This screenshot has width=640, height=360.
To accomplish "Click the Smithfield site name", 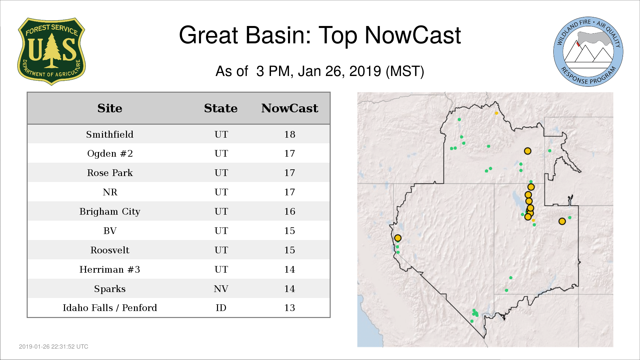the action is coord(110,134).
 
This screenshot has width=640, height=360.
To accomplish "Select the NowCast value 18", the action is coord(290,134).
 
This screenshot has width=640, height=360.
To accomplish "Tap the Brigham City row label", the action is coord(110,212).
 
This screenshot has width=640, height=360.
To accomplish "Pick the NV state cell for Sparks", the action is coord(221,289).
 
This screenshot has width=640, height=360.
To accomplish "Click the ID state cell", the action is coord(221,308).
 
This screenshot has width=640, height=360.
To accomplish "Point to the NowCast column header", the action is coord(290,108).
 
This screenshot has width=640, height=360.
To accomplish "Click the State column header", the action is coord(221,108).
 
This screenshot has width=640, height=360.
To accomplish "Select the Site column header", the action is coord(110,108).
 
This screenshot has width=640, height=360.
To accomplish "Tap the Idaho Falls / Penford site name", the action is coord(110,308).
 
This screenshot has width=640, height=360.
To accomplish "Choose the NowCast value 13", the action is coord(290,308).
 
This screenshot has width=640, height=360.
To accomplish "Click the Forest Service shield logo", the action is coord(51,51).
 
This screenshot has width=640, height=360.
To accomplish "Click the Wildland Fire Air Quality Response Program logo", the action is coord(588,52).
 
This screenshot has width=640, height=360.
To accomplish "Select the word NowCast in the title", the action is coord(413,35).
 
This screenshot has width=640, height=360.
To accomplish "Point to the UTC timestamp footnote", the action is coord(54,347).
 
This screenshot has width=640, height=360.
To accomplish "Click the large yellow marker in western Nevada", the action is coord(398,238).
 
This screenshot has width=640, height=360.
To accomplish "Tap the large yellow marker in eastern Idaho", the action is coord(527,151).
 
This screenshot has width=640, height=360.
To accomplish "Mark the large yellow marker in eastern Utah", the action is coord(562,221).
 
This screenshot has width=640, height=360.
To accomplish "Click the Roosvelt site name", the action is coord(110,250).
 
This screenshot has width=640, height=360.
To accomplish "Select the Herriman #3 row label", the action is coord(110,269).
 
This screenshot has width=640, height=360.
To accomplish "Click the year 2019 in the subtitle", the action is coord(365,71).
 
